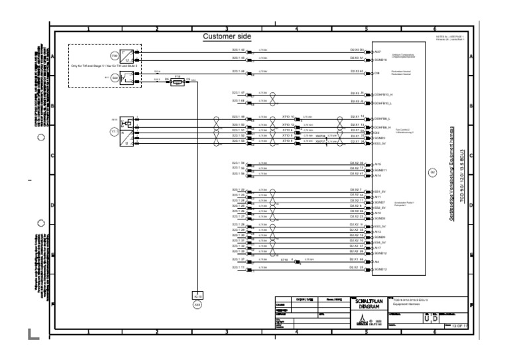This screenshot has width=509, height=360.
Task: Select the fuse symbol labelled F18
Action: pyautogui.click(x=177, y=79)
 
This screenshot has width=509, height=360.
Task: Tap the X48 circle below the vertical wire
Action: pyautogui.click(x=197, y=304)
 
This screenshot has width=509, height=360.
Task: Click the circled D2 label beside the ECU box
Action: pyautogui.click(x=433, y=173)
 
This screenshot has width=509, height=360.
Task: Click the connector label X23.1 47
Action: pyautogui.click(x=239, y=93)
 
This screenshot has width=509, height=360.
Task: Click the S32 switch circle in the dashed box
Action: pyautogui.click(x=115, y=78)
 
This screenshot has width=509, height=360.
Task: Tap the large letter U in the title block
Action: pyautogui.click(x=427, y=319)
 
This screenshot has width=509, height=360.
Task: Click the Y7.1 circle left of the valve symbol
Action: pyautogui.click(x=113, y=132)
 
